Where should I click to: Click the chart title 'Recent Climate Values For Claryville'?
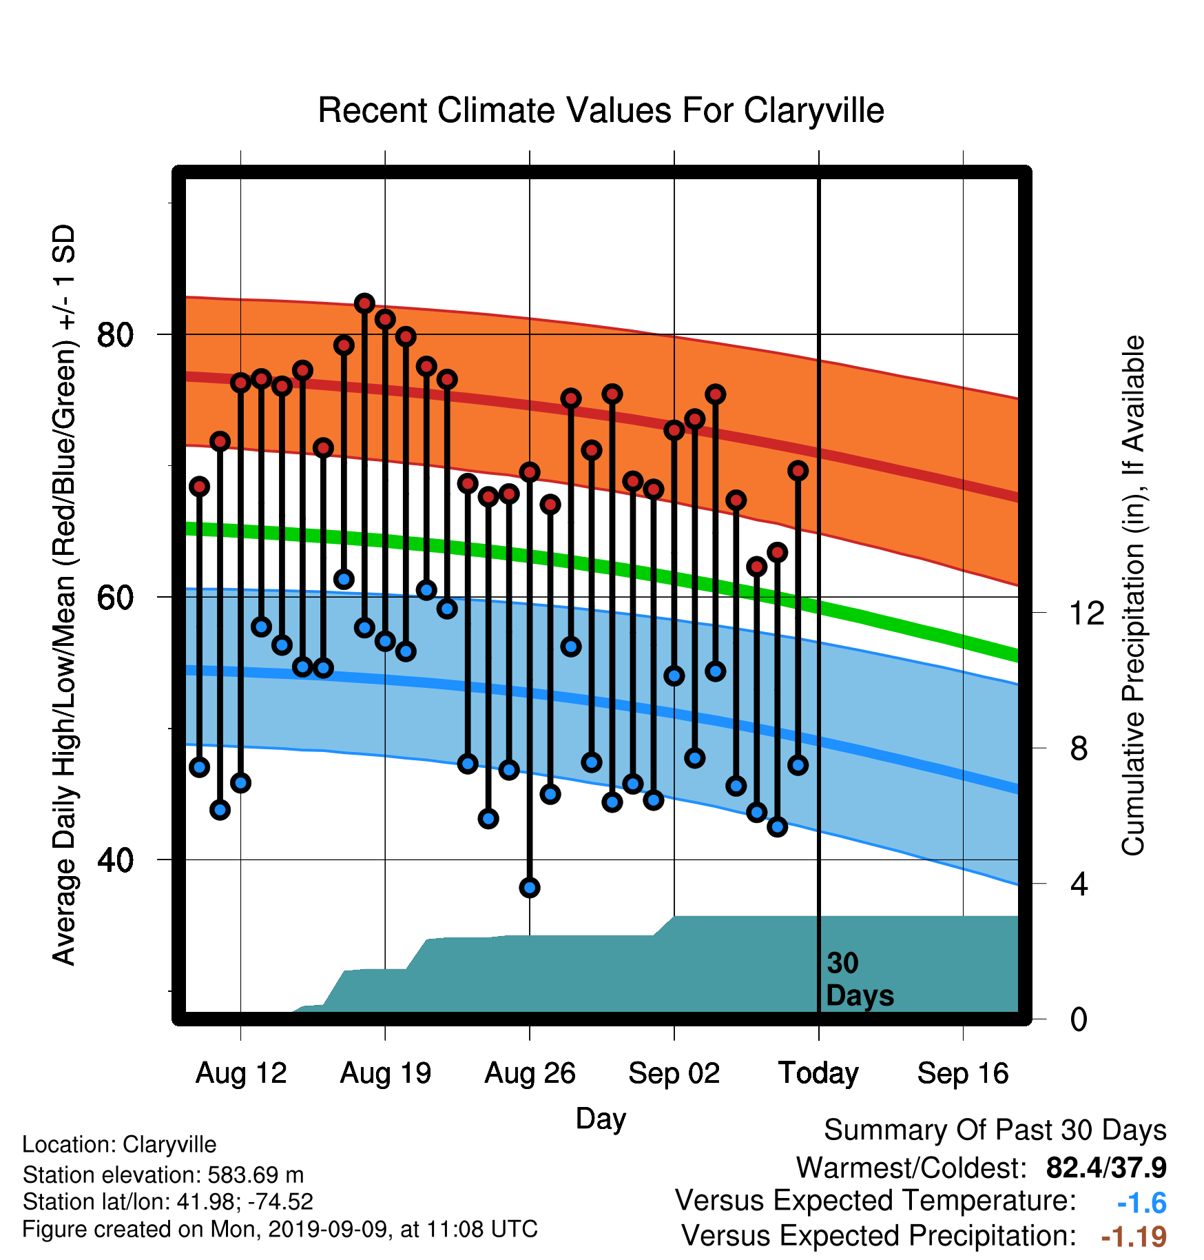click(x=601, y=110)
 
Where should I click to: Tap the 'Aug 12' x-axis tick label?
click(x=240, y=1073)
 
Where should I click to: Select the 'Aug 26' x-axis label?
click(x=530, y=1073)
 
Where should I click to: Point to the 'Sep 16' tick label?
click(x=963, y=1073)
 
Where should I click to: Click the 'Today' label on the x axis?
click(x=818, y=1073)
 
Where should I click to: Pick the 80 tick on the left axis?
click(x=115, y=335)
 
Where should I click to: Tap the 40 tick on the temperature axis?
click(x=115, y=860)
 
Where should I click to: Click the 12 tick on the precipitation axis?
click(x=1087, y=613)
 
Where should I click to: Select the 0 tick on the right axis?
click(x=1079, y=1019)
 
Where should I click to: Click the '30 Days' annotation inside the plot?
click(x=860, y=979)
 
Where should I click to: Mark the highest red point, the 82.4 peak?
click(x=364, y=303)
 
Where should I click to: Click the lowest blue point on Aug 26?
click(x=530, y=888)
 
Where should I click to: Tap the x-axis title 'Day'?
click(x=601, y=1119)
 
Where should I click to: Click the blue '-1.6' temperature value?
click(x=1141, y=1203)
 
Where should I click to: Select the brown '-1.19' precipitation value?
click(x=1134, y=1237)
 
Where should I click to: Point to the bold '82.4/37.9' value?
click(x=1106, y=1168)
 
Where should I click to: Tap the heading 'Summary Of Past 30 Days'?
click(x=995, y=1130)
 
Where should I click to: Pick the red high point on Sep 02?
click(x=674, y=430)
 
